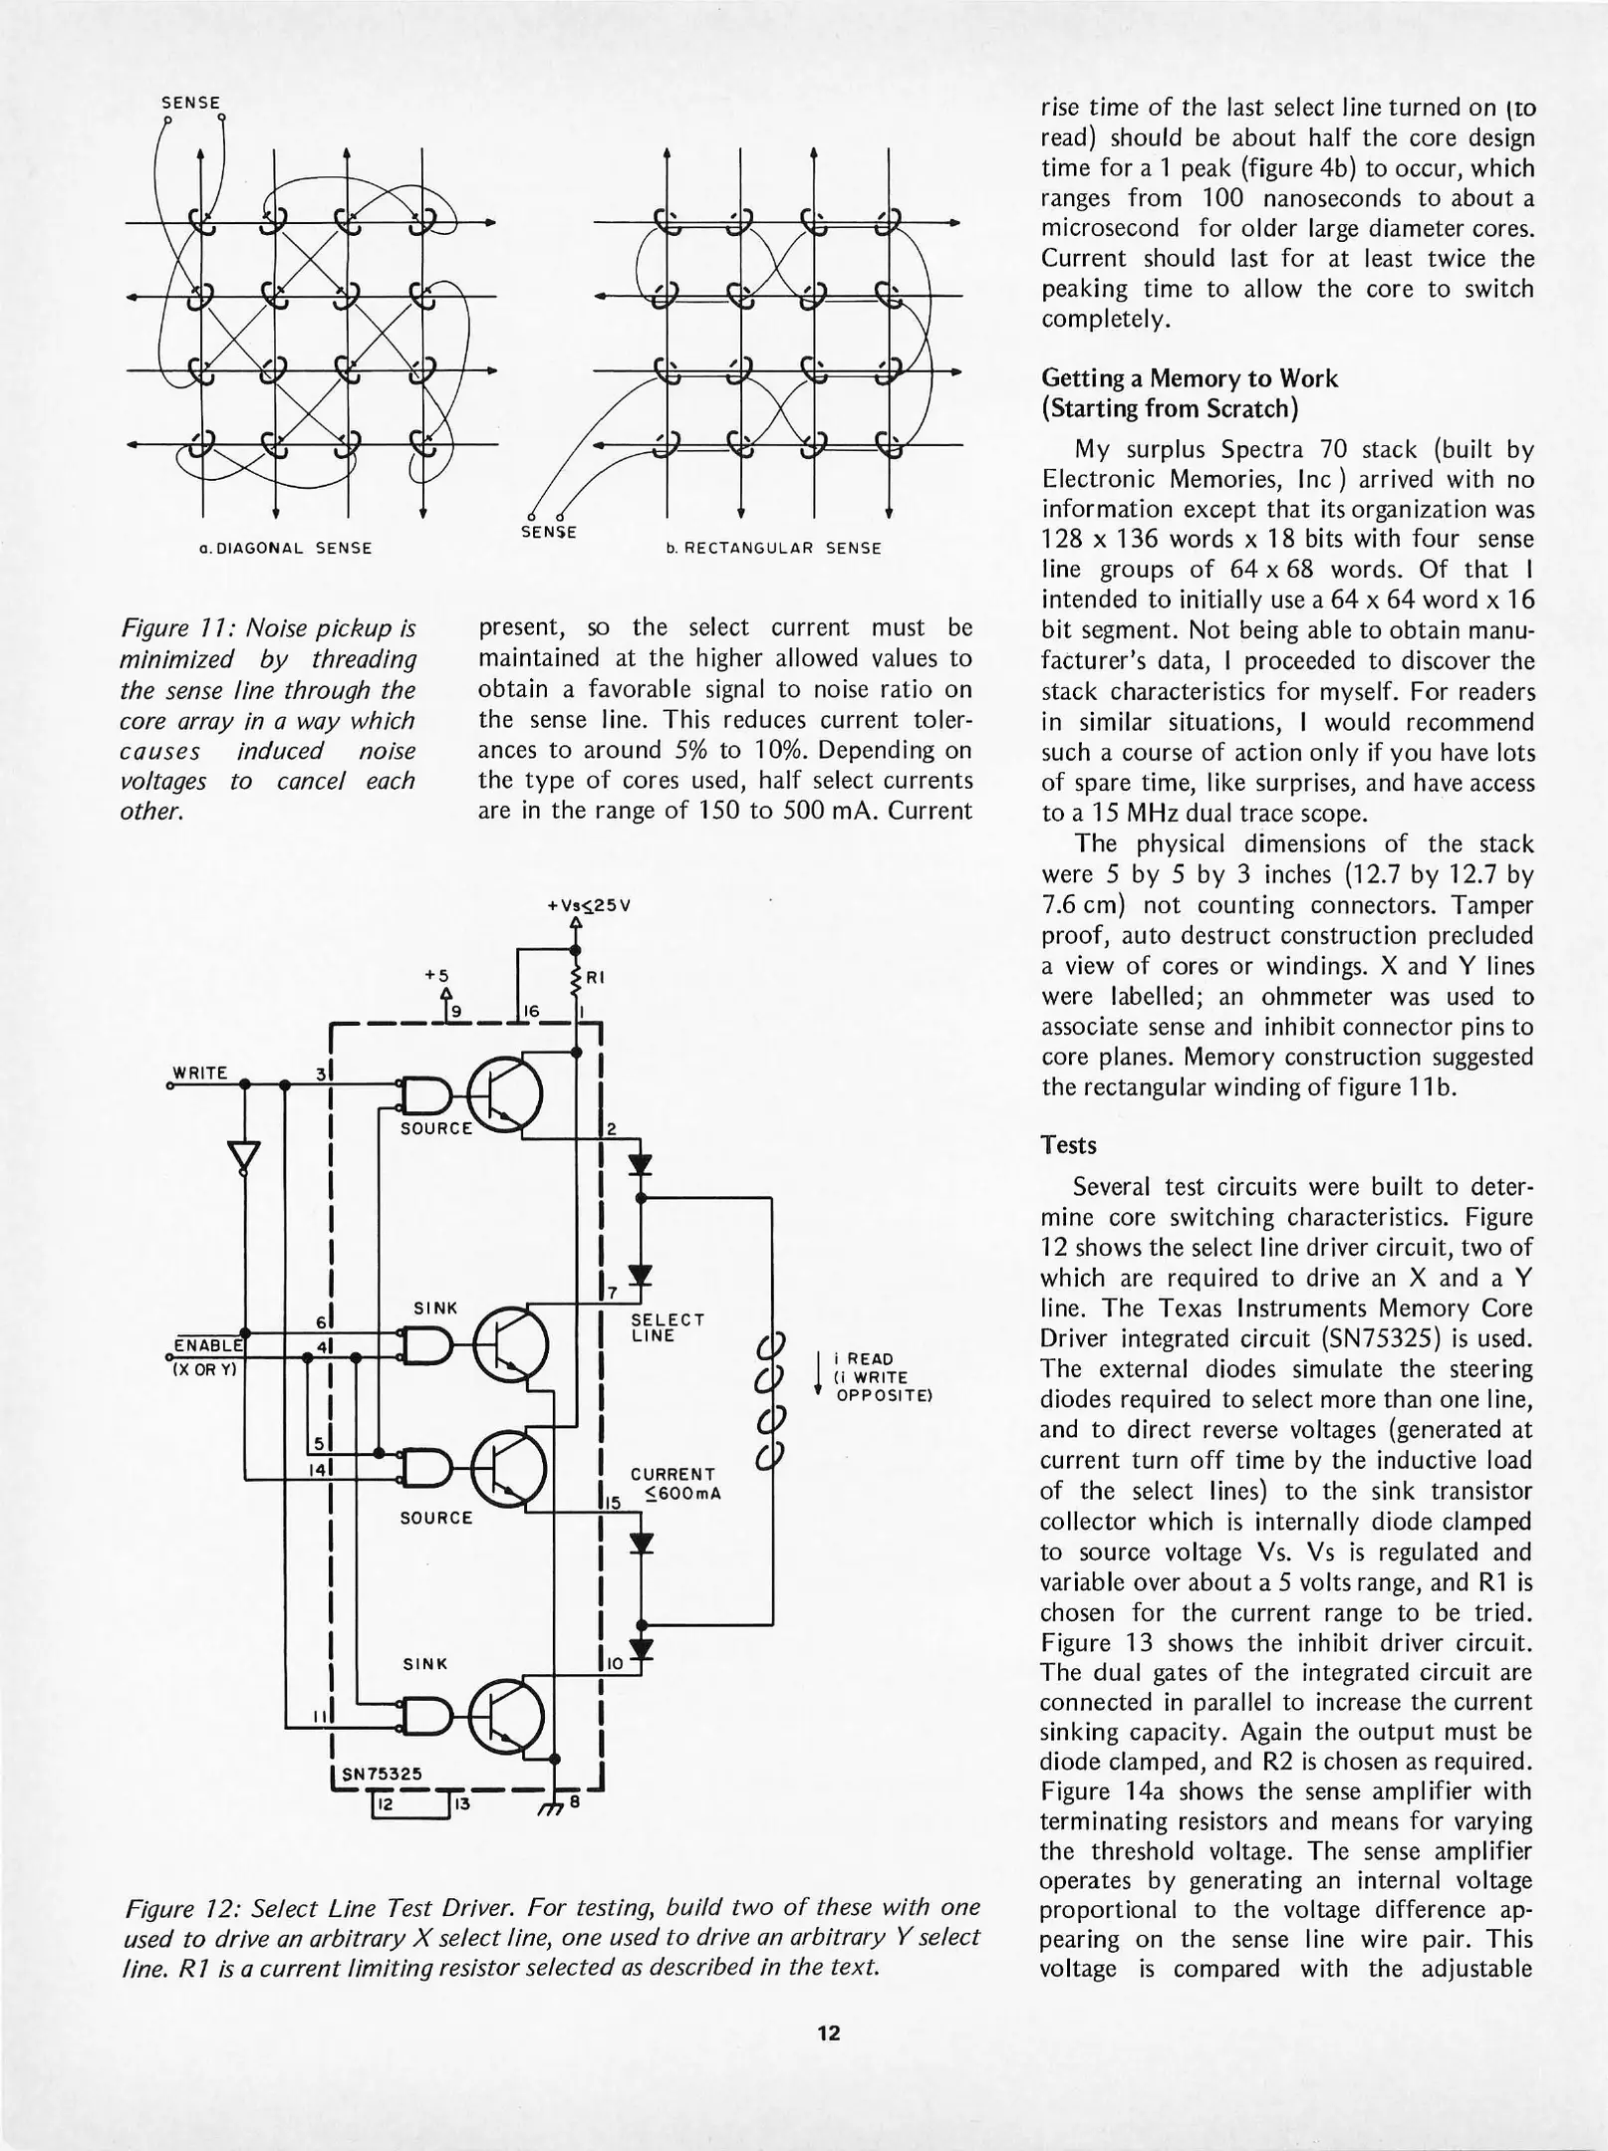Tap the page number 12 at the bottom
(x=829, y=2032)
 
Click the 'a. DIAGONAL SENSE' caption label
(x=285, y=548)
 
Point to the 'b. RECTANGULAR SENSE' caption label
(x=773, y=549)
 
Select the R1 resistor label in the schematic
(x=596, y=979)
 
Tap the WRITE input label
(x=201, y=1073)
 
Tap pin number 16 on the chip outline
(x=531, y=1012)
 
